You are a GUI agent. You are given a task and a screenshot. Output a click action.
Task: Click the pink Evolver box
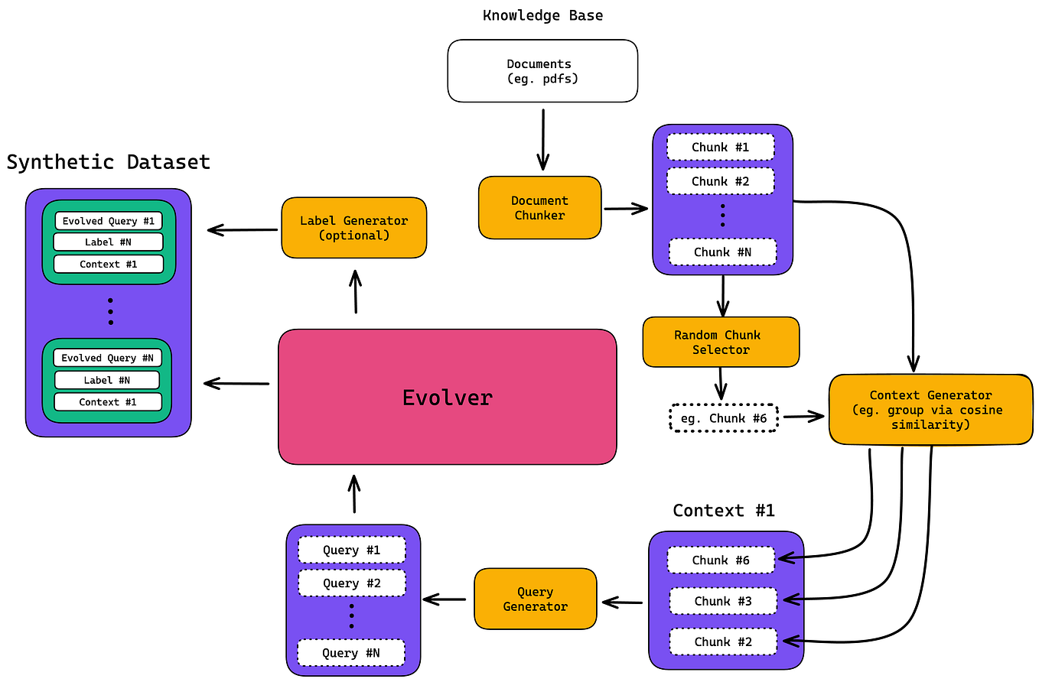447,397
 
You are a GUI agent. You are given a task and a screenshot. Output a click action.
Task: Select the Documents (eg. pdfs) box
542,71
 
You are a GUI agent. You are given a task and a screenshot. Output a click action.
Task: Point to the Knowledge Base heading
542,15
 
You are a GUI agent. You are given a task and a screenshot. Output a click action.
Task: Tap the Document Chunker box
539,208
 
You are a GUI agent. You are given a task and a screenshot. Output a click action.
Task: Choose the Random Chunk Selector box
721,342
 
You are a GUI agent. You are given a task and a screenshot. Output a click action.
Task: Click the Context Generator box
930,410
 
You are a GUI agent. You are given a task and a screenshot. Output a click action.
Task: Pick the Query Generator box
535,599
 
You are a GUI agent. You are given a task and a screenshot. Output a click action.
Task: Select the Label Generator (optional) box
353,228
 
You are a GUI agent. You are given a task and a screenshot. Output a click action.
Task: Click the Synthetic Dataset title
108,162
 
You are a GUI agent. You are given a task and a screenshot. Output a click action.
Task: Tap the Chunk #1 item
720,147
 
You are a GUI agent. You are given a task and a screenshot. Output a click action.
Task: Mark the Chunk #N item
722,252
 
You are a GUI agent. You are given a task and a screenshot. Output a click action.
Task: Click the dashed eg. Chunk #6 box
723,417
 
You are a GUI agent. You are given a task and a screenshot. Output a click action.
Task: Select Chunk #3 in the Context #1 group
723,601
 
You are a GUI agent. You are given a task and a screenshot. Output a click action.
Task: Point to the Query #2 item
351,583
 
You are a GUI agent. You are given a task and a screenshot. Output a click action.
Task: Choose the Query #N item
351,653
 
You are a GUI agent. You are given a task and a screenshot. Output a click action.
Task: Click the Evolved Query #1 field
109,221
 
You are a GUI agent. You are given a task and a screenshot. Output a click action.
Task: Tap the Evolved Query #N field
107,358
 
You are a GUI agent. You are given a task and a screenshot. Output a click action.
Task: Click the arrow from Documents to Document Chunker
543,139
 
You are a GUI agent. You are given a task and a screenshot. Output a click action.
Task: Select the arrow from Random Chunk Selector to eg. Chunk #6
720,383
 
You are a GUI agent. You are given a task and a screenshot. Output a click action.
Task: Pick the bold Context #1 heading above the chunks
724,510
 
